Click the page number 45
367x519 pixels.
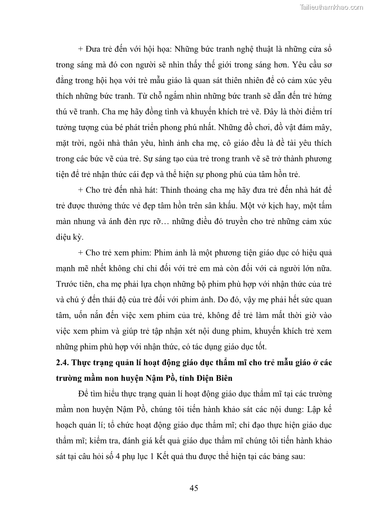point(194,488)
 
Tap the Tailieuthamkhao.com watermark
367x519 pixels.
point(331,7)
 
